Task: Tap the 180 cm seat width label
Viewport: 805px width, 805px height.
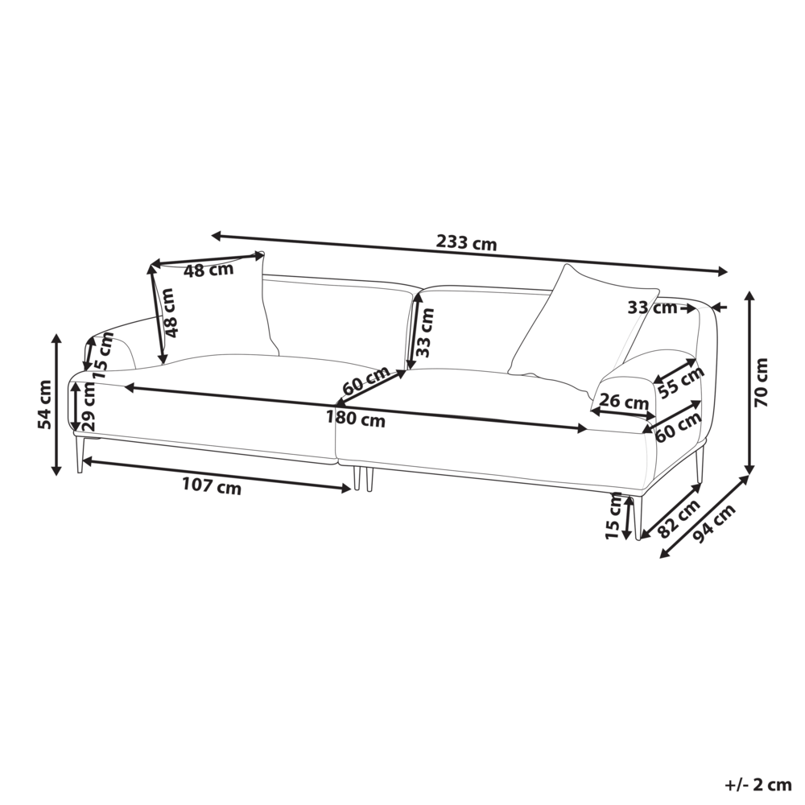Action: pyautogui.click(x=355, y=419)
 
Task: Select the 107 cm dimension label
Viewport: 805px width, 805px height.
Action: pyautogui.click(x=212, y=485)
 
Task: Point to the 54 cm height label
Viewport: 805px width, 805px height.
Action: pyautogui.click(x=45, y=404)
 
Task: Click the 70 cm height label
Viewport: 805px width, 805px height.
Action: pyautogui.click(x=762, y=382)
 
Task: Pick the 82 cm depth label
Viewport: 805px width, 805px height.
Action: pyautogui.click(x=679, y=518)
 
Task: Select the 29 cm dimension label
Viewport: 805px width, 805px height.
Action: pyautogui.click(x=89, y=407)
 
